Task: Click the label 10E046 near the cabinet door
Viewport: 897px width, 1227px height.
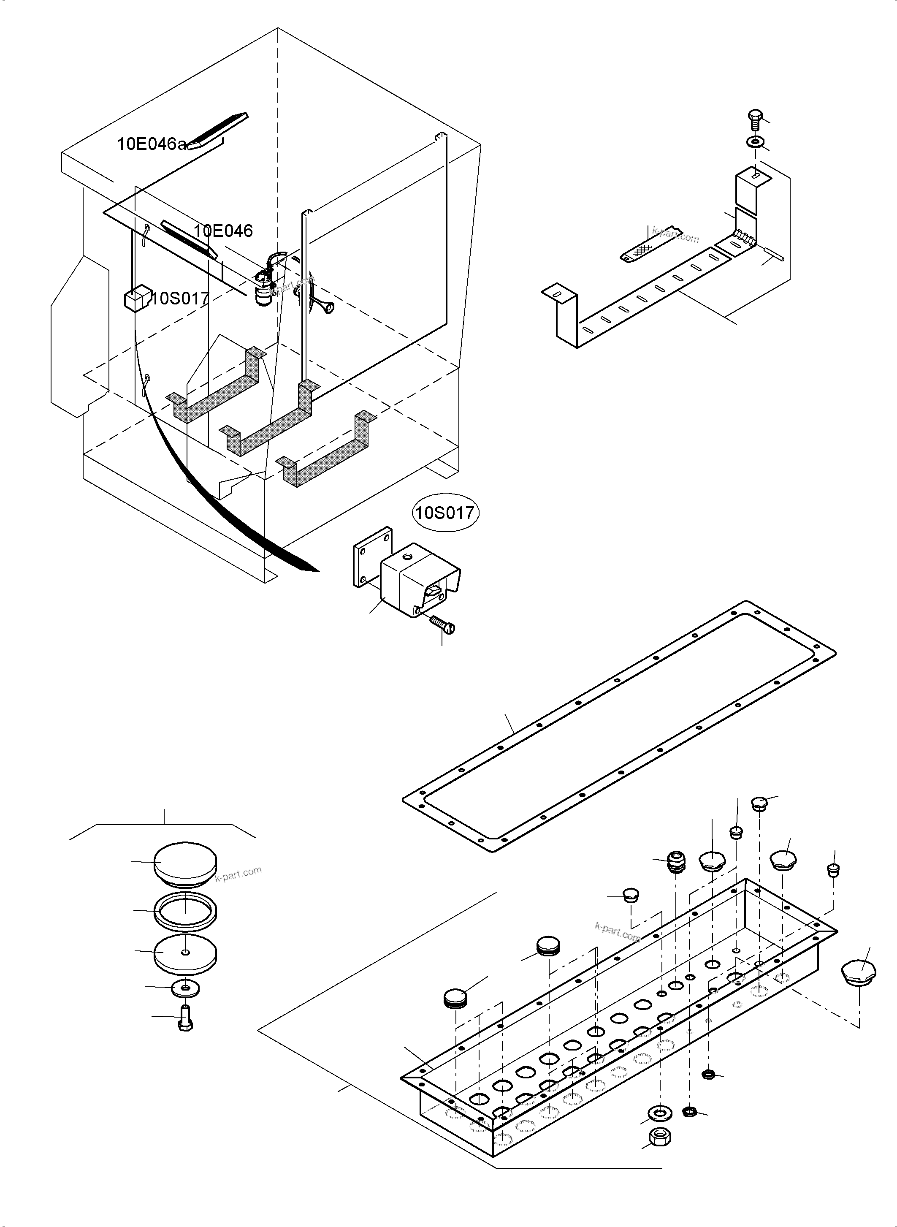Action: click(223, 231)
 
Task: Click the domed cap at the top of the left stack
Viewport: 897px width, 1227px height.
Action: click(185, 863)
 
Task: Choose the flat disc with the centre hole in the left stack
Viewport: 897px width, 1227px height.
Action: click(185, 954)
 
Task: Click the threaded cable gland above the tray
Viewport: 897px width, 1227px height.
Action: click(675, 862)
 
